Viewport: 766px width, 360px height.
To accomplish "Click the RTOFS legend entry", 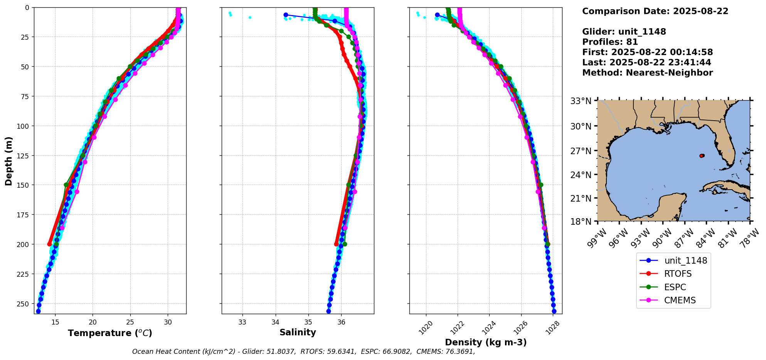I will coord(677,274).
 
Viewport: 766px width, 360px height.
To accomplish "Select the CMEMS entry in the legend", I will coord(680,300).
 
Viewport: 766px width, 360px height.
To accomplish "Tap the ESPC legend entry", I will coord(675,287).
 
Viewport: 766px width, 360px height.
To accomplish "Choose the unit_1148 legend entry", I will coord(685,261).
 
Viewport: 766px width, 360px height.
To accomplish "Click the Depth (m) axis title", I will coord(8,161).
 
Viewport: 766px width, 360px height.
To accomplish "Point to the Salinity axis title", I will coord(298,333).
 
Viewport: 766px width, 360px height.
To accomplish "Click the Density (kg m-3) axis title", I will coord(486,342).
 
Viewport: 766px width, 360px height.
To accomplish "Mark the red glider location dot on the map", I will coord(702,156).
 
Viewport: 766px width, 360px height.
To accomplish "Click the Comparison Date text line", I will coord(655,11).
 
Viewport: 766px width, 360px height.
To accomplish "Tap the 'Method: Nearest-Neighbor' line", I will coord(647,73).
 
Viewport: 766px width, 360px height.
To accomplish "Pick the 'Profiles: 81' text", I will coord(610,42).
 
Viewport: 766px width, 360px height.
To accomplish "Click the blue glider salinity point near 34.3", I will coord(286,15).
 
